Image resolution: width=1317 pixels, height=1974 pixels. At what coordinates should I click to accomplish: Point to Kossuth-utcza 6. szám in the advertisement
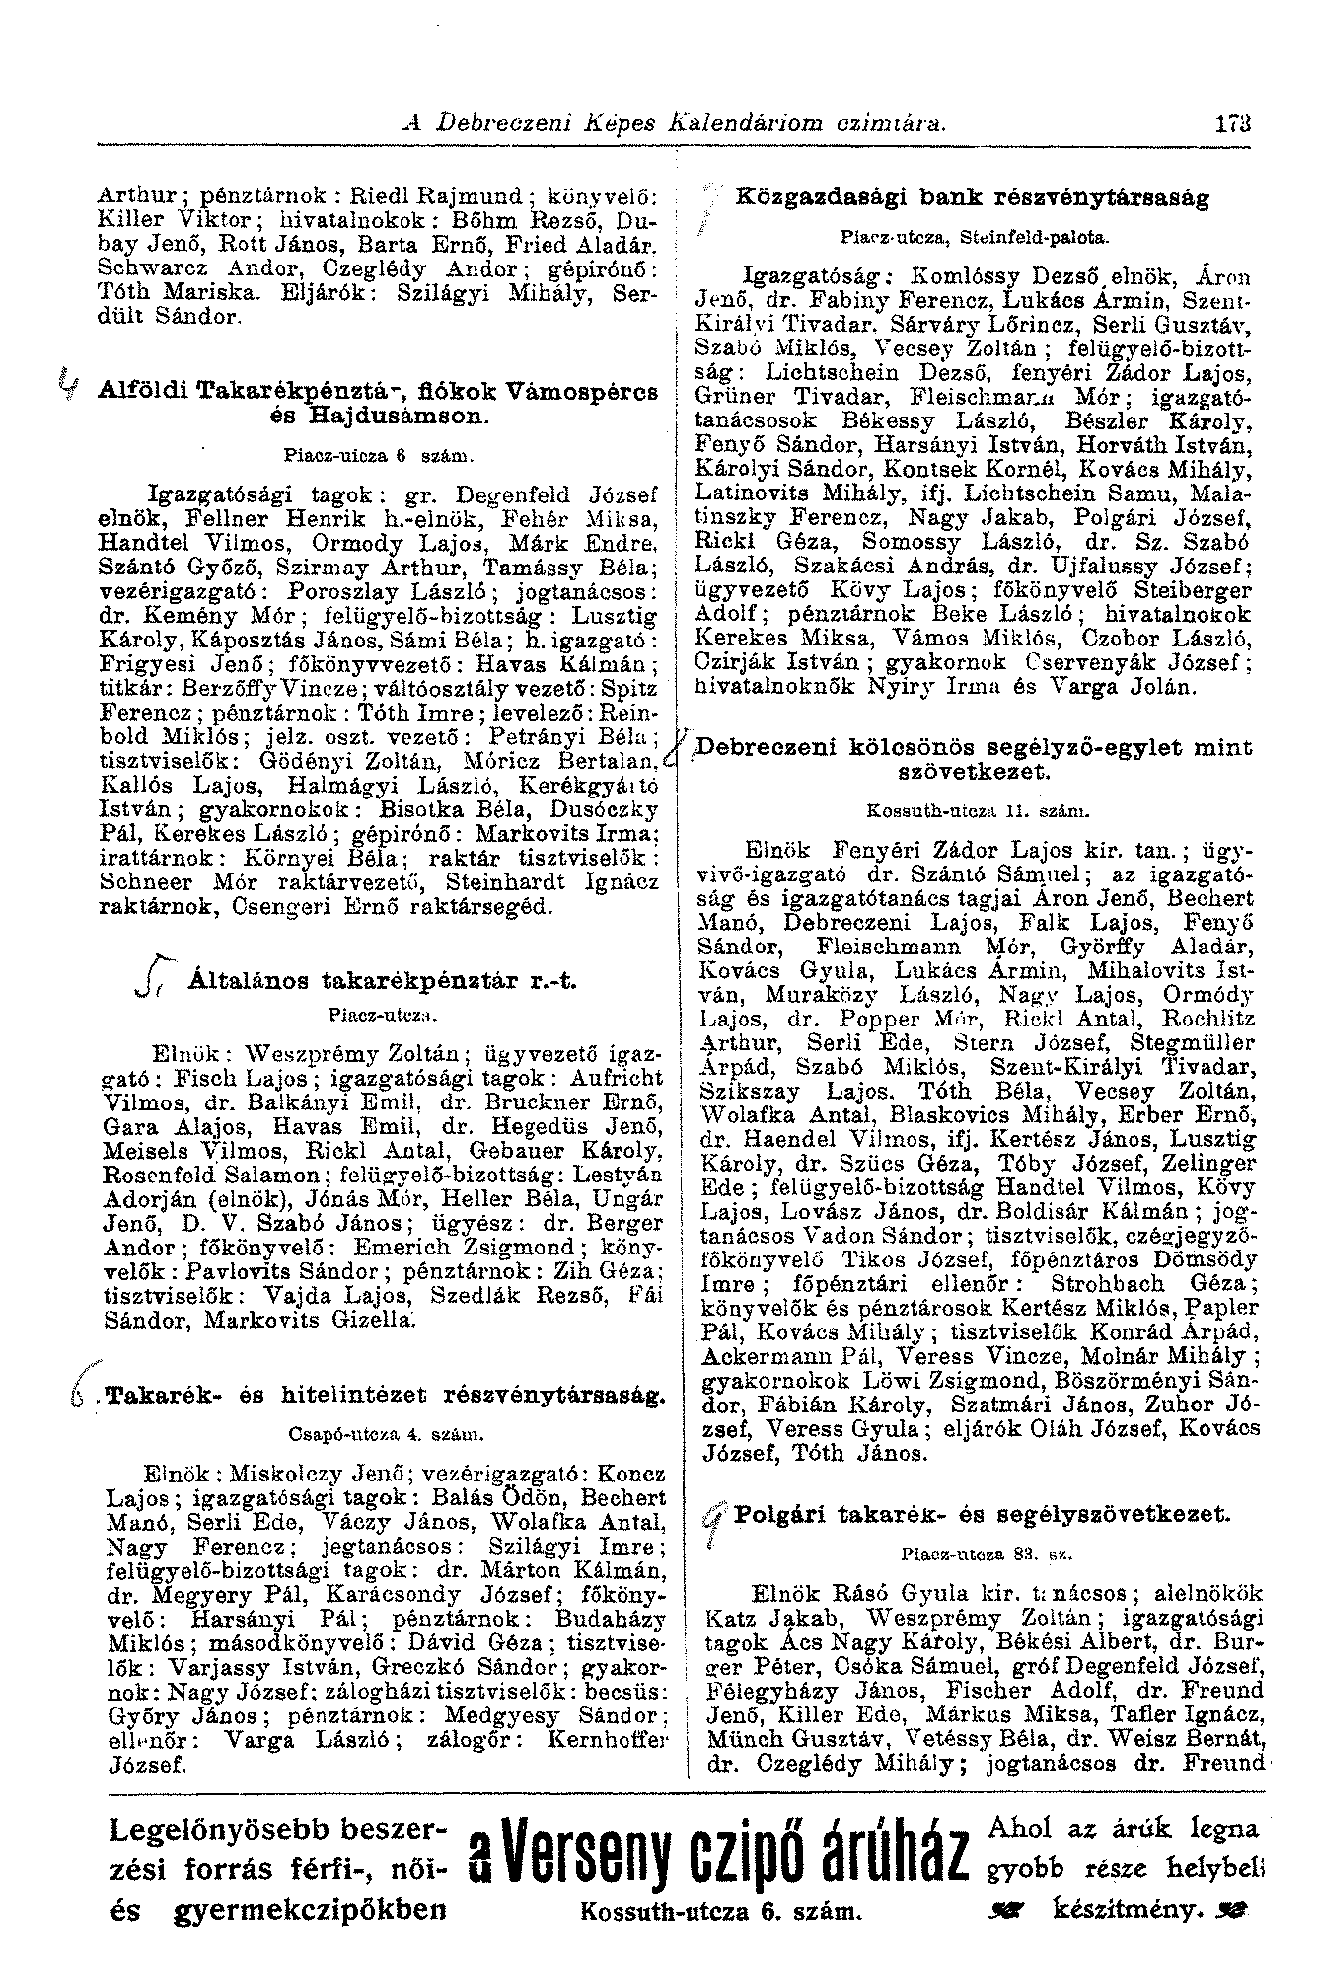[x=717, y=1911]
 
